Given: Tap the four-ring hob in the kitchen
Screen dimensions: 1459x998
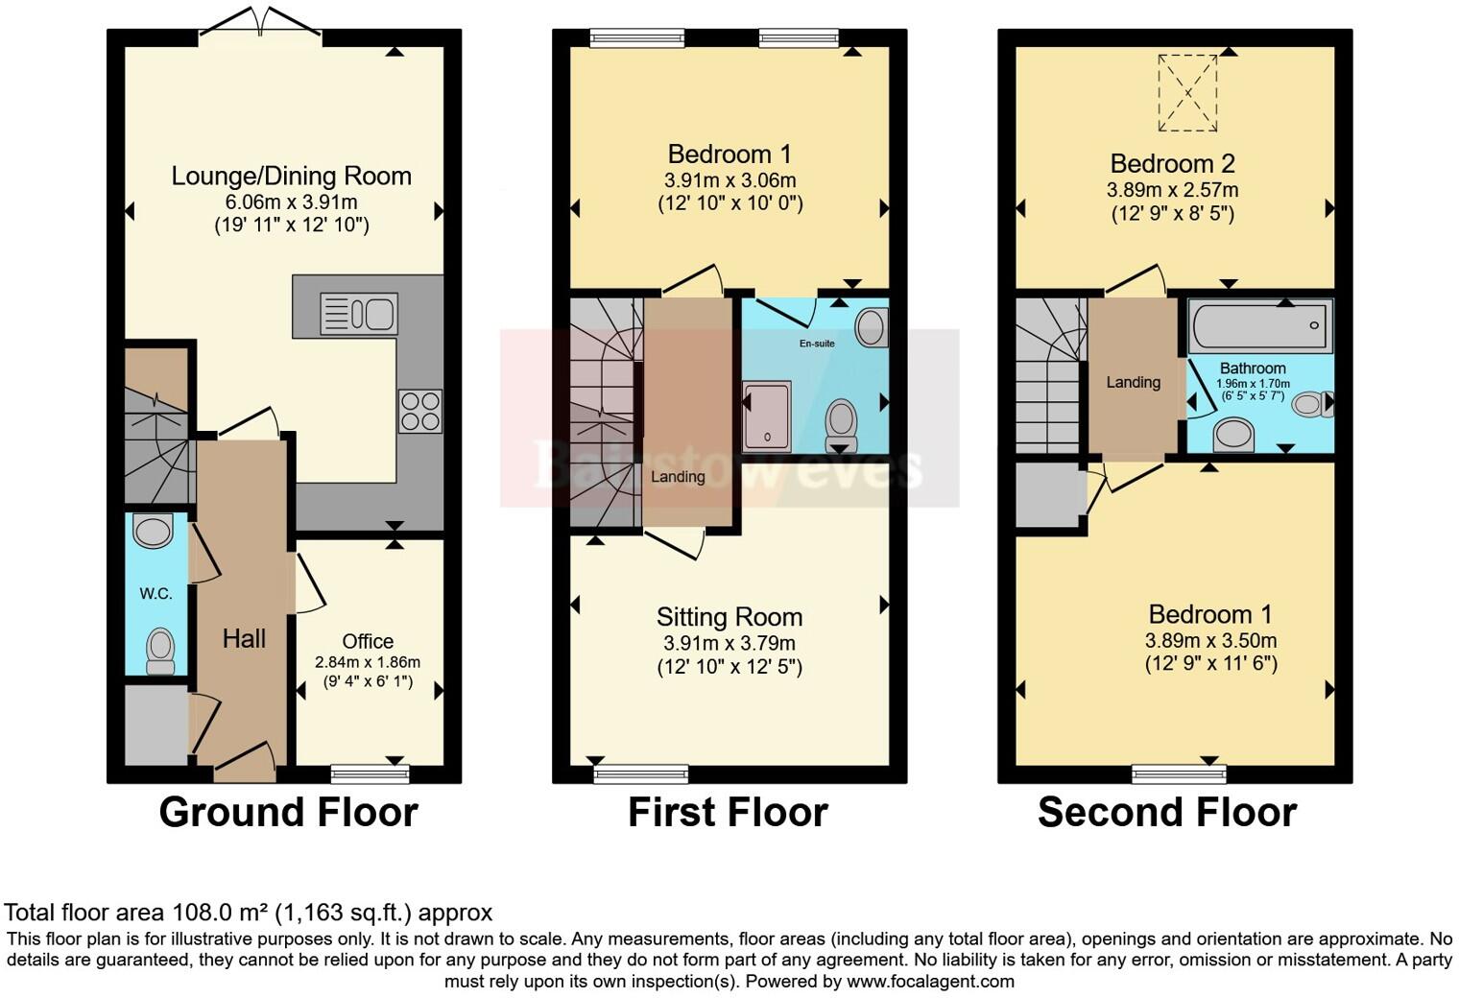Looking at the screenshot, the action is point(420,412).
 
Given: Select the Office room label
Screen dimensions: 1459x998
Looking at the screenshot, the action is point(368,641).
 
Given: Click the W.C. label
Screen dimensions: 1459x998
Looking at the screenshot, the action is point(155,594).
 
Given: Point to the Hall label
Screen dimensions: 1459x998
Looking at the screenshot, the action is point(244,639).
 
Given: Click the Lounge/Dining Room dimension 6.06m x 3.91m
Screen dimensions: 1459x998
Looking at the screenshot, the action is point(291,202).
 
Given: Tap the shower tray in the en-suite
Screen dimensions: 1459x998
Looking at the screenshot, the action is point(767,416).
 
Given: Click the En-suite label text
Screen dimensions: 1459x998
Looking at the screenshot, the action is point(817,343).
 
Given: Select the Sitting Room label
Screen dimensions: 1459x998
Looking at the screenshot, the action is point(729,616).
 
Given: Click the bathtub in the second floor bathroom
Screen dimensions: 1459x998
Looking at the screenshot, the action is point(1259,325).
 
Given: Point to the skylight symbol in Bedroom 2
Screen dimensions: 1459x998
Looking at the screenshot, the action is point(1187,92).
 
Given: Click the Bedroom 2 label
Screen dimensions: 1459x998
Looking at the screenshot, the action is point(1172,163).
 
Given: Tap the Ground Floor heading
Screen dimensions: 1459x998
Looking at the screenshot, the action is point(288,812).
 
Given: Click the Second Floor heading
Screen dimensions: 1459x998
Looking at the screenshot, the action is point(1166,812).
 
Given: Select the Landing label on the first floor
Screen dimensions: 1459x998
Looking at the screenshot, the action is point(678,477).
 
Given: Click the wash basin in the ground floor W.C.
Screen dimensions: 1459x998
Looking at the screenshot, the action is point(153,530).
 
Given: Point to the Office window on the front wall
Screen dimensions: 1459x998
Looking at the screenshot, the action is point(370,772).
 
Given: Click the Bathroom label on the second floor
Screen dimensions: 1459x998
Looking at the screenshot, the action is point(1253,368).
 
